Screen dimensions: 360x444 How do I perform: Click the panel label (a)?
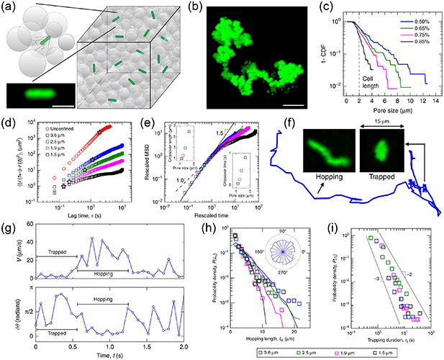[9, 7]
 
